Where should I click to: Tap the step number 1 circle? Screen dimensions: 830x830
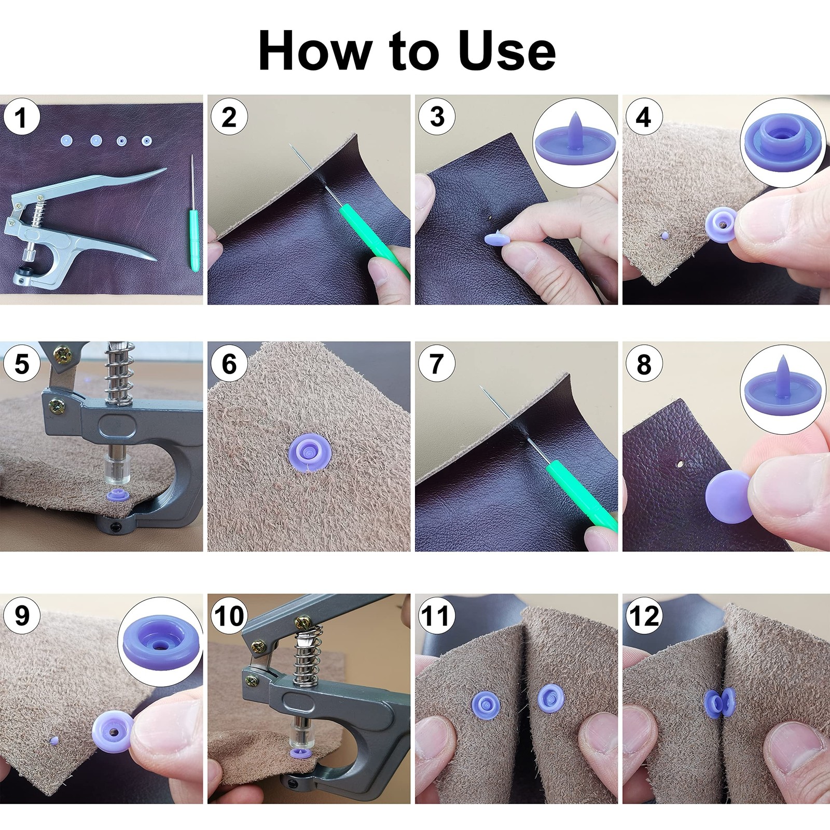(21, 117)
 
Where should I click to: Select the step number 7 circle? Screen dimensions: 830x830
(436, 364)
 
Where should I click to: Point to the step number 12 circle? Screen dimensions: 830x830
(644, 616)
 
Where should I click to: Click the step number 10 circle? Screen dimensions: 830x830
(229, 616)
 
